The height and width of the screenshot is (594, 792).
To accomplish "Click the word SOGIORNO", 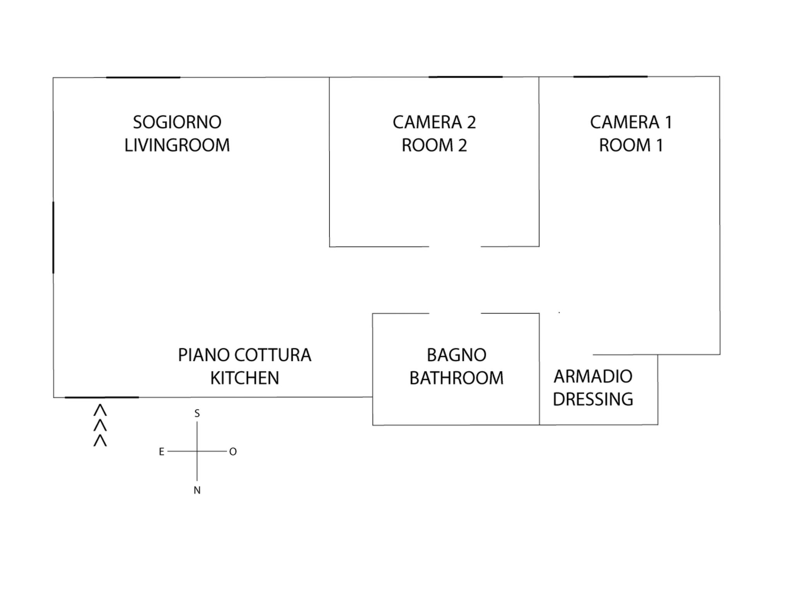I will [x=177, y=122].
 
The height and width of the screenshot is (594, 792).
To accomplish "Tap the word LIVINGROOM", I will [x=177, y=145].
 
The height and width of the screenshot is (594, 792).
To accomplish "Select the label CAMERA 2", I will [x=434, y=122].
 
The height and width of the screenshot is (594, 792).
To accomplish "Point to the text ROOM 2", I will [x=434, y=145].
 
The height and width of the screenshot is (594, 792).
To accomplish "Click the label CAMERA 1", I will [x=631, y=122].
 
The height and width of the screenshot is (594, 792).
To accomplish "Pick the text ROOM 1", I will [x=631, y=145].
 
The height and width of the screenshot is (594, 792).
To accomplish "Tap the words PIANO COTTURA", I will [x=244, y=355].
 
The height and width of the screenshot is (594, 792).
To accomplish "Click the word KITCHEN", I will [x=244, y=378].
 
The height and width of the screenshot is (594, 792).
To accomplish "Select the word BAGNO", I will [x=456, y=355].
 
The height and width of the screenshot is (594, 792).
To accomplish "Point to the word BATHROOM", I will [x=456, y=378].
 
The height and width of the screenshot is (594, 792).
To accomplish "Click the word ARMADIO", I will [x=593, y=376].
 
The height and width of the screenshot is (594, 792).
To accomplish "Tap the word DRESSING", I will [x=593, y=399].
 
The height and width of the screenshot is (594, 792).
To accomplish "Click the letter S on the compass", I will [x=197, y=413].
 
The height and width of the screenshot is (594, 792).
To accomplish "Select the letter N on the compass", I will [x=197, y=490].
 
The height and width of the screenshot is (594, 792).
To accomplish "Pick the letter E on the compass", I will [x=162, y=452].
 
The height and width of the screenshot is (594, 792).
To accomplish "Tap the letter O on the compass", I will [x=233, y=452].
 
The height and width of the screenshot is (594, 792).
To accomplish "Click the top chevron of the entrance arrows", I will [x=100, y=410].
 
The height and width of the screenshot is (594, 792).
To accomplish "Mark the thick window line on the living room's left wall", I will [x=53, y=237].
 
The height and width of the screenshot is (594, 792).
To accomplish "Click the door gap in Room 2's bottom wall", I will [x=455, y=246].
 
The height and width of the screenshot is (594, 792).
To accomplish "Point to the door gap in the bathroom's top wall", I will [x=455, y=313].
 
